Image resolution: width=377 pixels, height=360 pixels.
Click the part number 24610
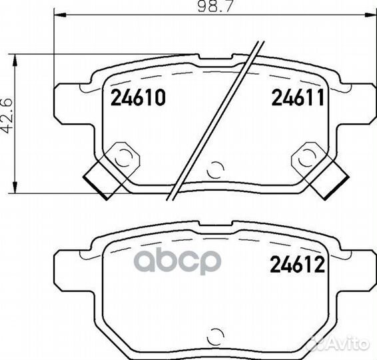pos(138,97)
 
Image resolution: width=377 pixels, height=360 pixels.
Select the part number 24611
pos(298,97)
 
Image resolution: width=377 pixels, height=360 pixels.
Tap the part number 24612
pos(298,264)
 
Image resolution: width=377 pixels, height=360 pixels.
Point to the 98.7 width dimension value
pos(215,6)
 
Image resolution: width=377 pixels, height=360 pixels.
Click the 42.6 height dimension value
pos(7,116)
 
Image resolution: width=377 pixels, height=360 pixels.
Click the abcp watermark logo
pos(177,262)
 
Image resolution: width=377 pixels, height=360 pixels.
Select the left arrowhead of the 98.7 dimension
pos(61,15)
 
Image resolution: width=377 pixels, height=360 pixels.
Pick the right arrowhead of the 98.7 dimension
pos(370,15)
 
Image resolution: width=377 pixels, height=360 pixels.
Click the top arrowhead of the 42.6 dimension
pos(15,60)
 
